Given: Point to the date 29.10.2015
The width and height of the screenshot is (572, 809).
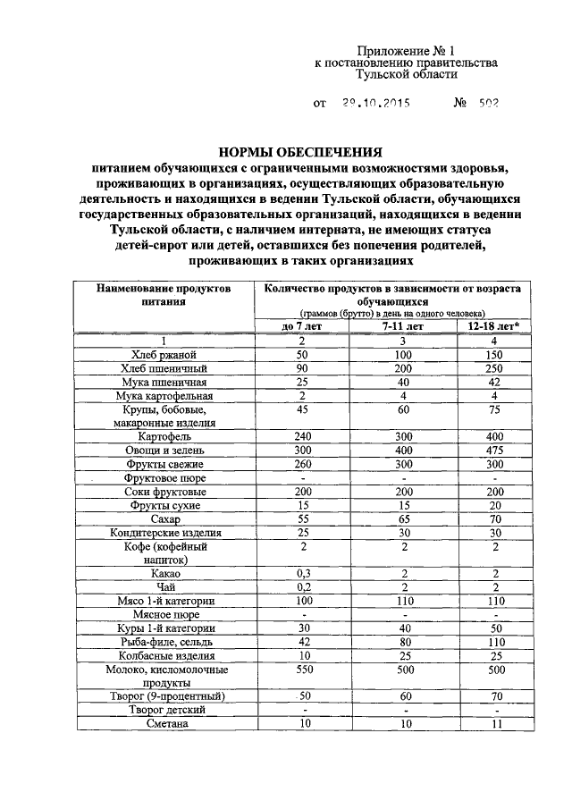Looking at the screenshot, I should pos(375,103).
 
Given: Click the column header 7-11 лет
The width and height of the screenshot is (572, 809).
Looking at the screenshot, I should pos(403,326).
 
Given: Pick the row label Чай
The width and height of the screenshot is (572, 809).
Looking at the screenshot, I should pos(164,587).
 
